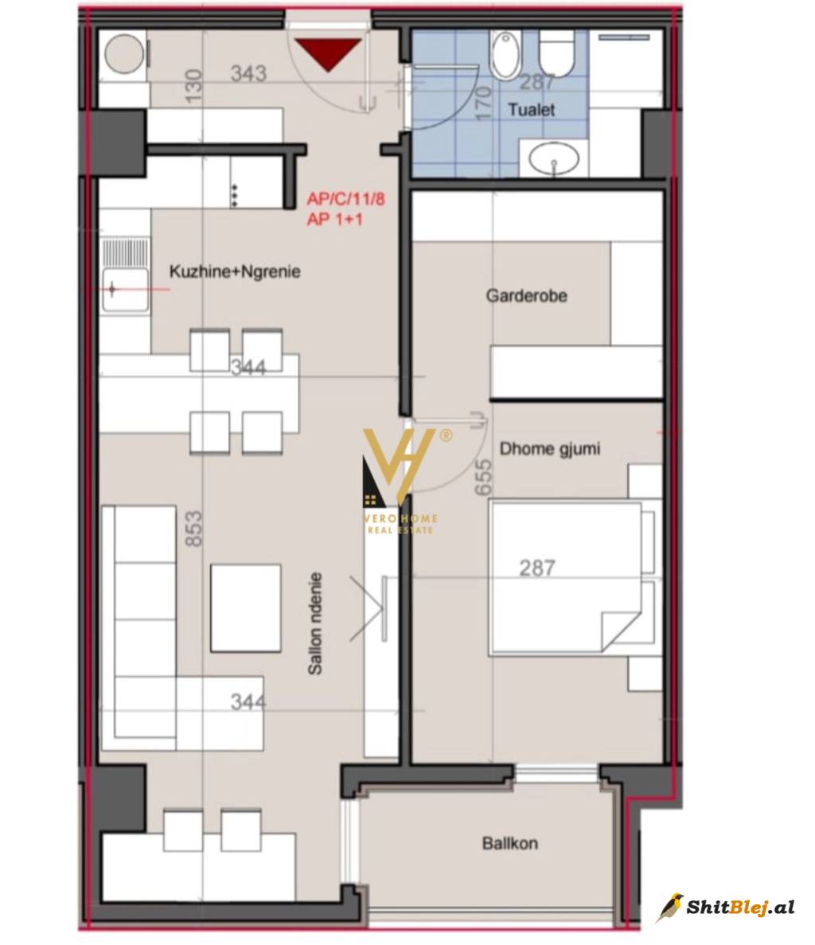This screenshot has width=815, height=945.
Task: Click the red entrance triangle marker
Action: [x=328, y=53]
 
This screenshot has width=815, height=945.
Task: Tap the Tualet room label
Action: [x=532, y=110]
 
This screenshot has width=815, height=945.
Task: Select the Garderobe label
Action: [x=526, y=295]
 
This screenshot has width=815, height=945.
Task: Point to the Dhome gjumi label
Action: [x=550, y=449]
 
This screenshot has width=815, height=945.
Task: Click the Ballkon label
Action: [x=510, y=842]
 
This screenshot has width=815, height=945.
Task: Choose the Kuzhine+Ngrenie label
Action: [x=235, y=271]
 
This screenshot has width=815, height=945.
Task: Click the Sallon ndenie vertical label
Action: [x=315, y=624]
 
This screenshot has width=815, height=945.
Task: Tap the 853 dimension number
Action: [x=193, y=529]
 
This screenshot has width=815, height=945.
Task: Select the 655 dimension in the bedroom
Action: [x=484, y=478]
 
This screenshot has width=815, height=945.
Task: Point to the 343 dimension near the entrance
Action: [x=248, y=73]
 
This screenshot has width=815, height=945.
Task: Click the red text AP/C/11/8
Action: [x=345, y=198]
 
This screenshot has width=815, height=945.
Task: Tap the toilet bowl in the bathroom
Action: [x=556, y=53]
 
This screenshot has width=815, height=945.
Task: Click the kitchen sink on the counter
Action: [x=125, y=290]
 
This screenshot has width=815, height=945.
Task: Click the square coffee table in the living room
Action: [x=246, y=607]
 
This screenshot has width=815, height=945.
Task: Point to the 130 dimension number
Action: [x=193, y=86]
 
